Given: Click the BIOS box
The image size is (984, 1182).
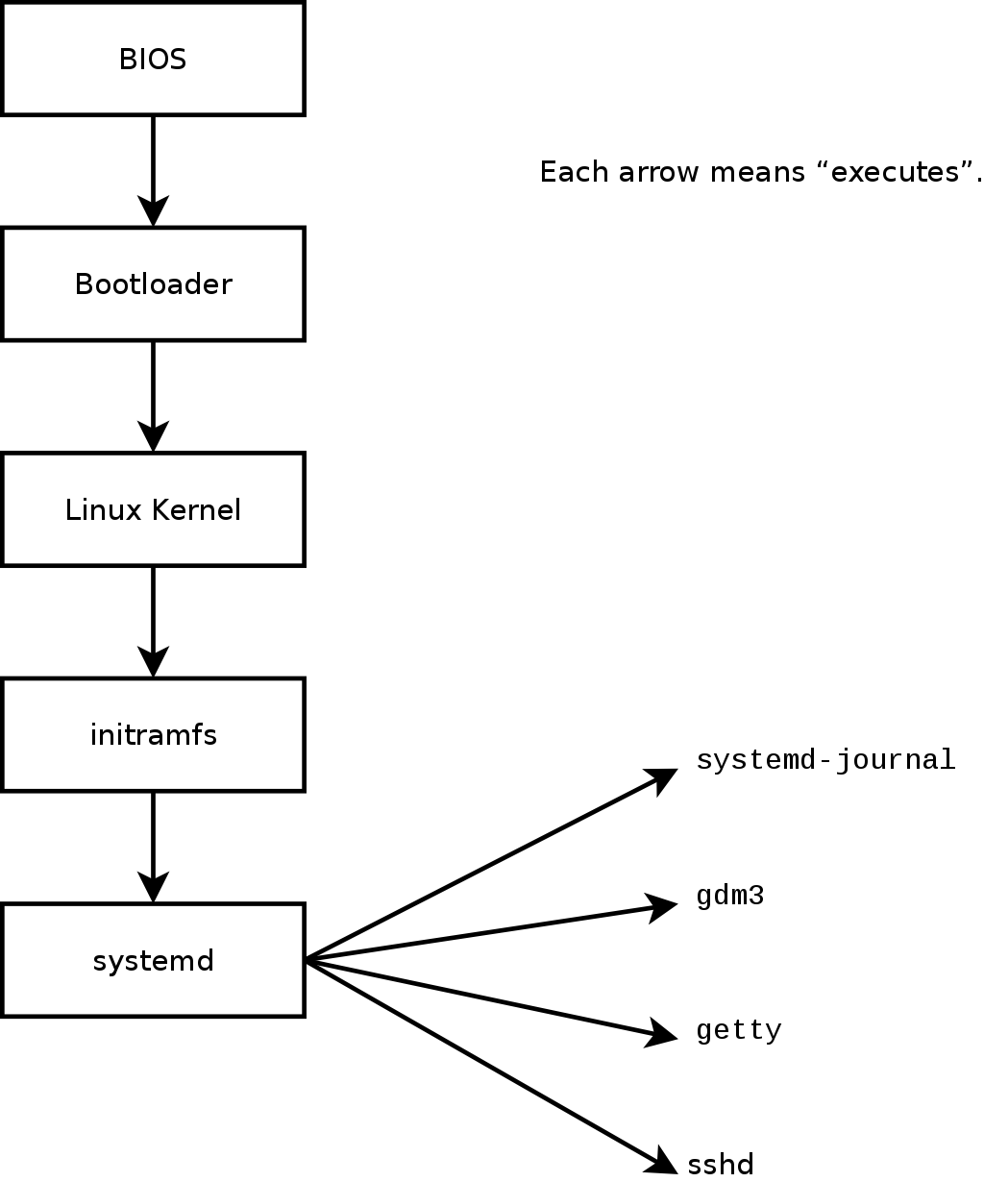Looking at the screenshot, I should coord(153,59).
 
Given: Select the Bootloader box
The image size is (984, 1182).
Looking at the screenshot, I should coord(153,284).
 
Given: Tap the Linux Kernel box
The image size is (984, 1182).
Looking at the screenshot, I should coord(153,509).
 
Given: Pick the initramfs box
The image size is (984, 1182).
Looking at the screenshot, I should coord(153,735).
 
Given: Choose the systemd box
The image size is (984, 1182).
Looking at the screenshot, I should coord(153,960).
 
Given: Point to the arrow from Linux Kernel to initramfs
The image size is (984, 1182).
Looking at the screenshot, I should coord(153,621).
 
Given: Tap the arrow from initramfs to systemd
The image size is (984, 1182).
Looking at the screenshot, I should coord(153,847).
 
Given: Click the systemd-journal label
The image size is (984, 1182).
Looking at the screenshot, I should coord(825,760).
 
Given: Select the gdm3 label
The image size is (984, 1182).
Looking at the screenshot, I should coord(729,897).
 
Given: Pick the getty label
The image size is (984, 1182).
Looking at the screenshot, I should coord(738,1031).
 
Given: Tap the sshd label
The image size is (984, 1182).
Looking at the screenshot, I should coord(721,1165).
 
